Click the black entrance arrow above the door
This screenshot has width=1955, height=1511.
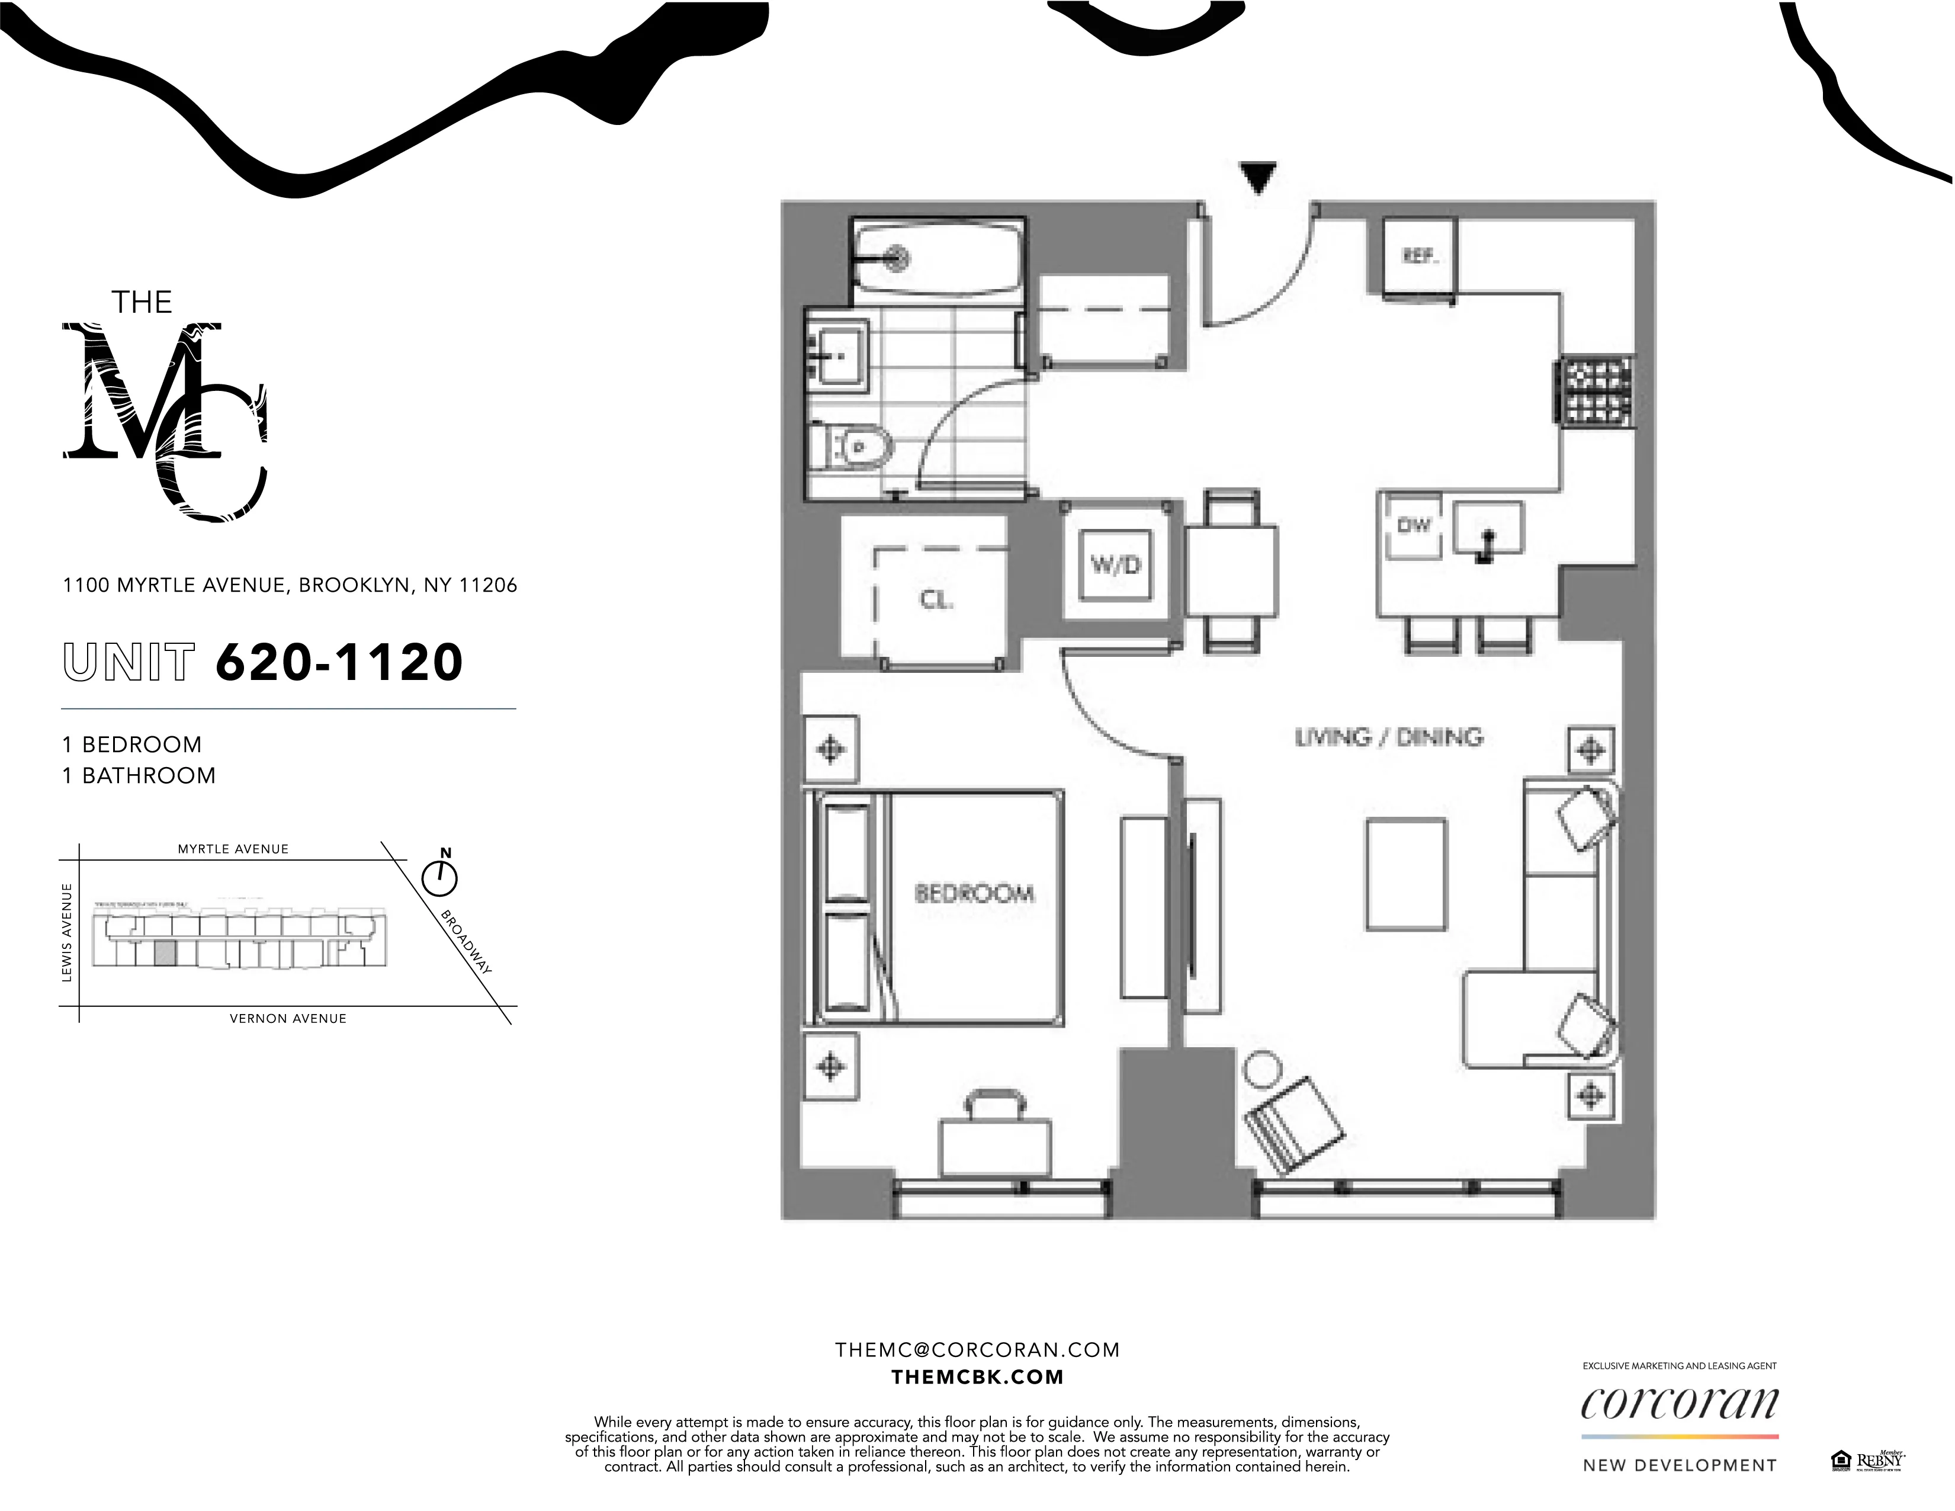point(1258,177)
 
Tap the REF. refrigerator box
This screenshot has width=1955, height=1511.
point(1419,257)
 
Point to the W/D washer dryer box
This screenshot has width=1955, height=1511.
point(1115,565)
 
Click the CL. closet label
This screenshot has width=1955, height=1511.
point(936,600)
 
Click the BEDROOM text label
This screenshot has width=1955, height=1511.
point(974,893)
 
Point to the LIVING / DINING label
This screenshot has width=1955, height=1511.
point(1388,737)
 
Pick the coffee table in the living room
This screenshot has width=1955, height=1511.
point(1405,874)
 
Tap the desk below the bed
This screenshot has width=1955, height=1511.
point(994,1147)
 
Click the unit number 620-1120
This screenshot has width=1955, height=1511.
point(339,662)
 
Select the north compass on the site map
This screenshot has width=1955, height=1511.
point(439,877)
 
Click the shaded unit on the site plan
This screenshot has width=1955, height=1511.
point(164,953)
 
